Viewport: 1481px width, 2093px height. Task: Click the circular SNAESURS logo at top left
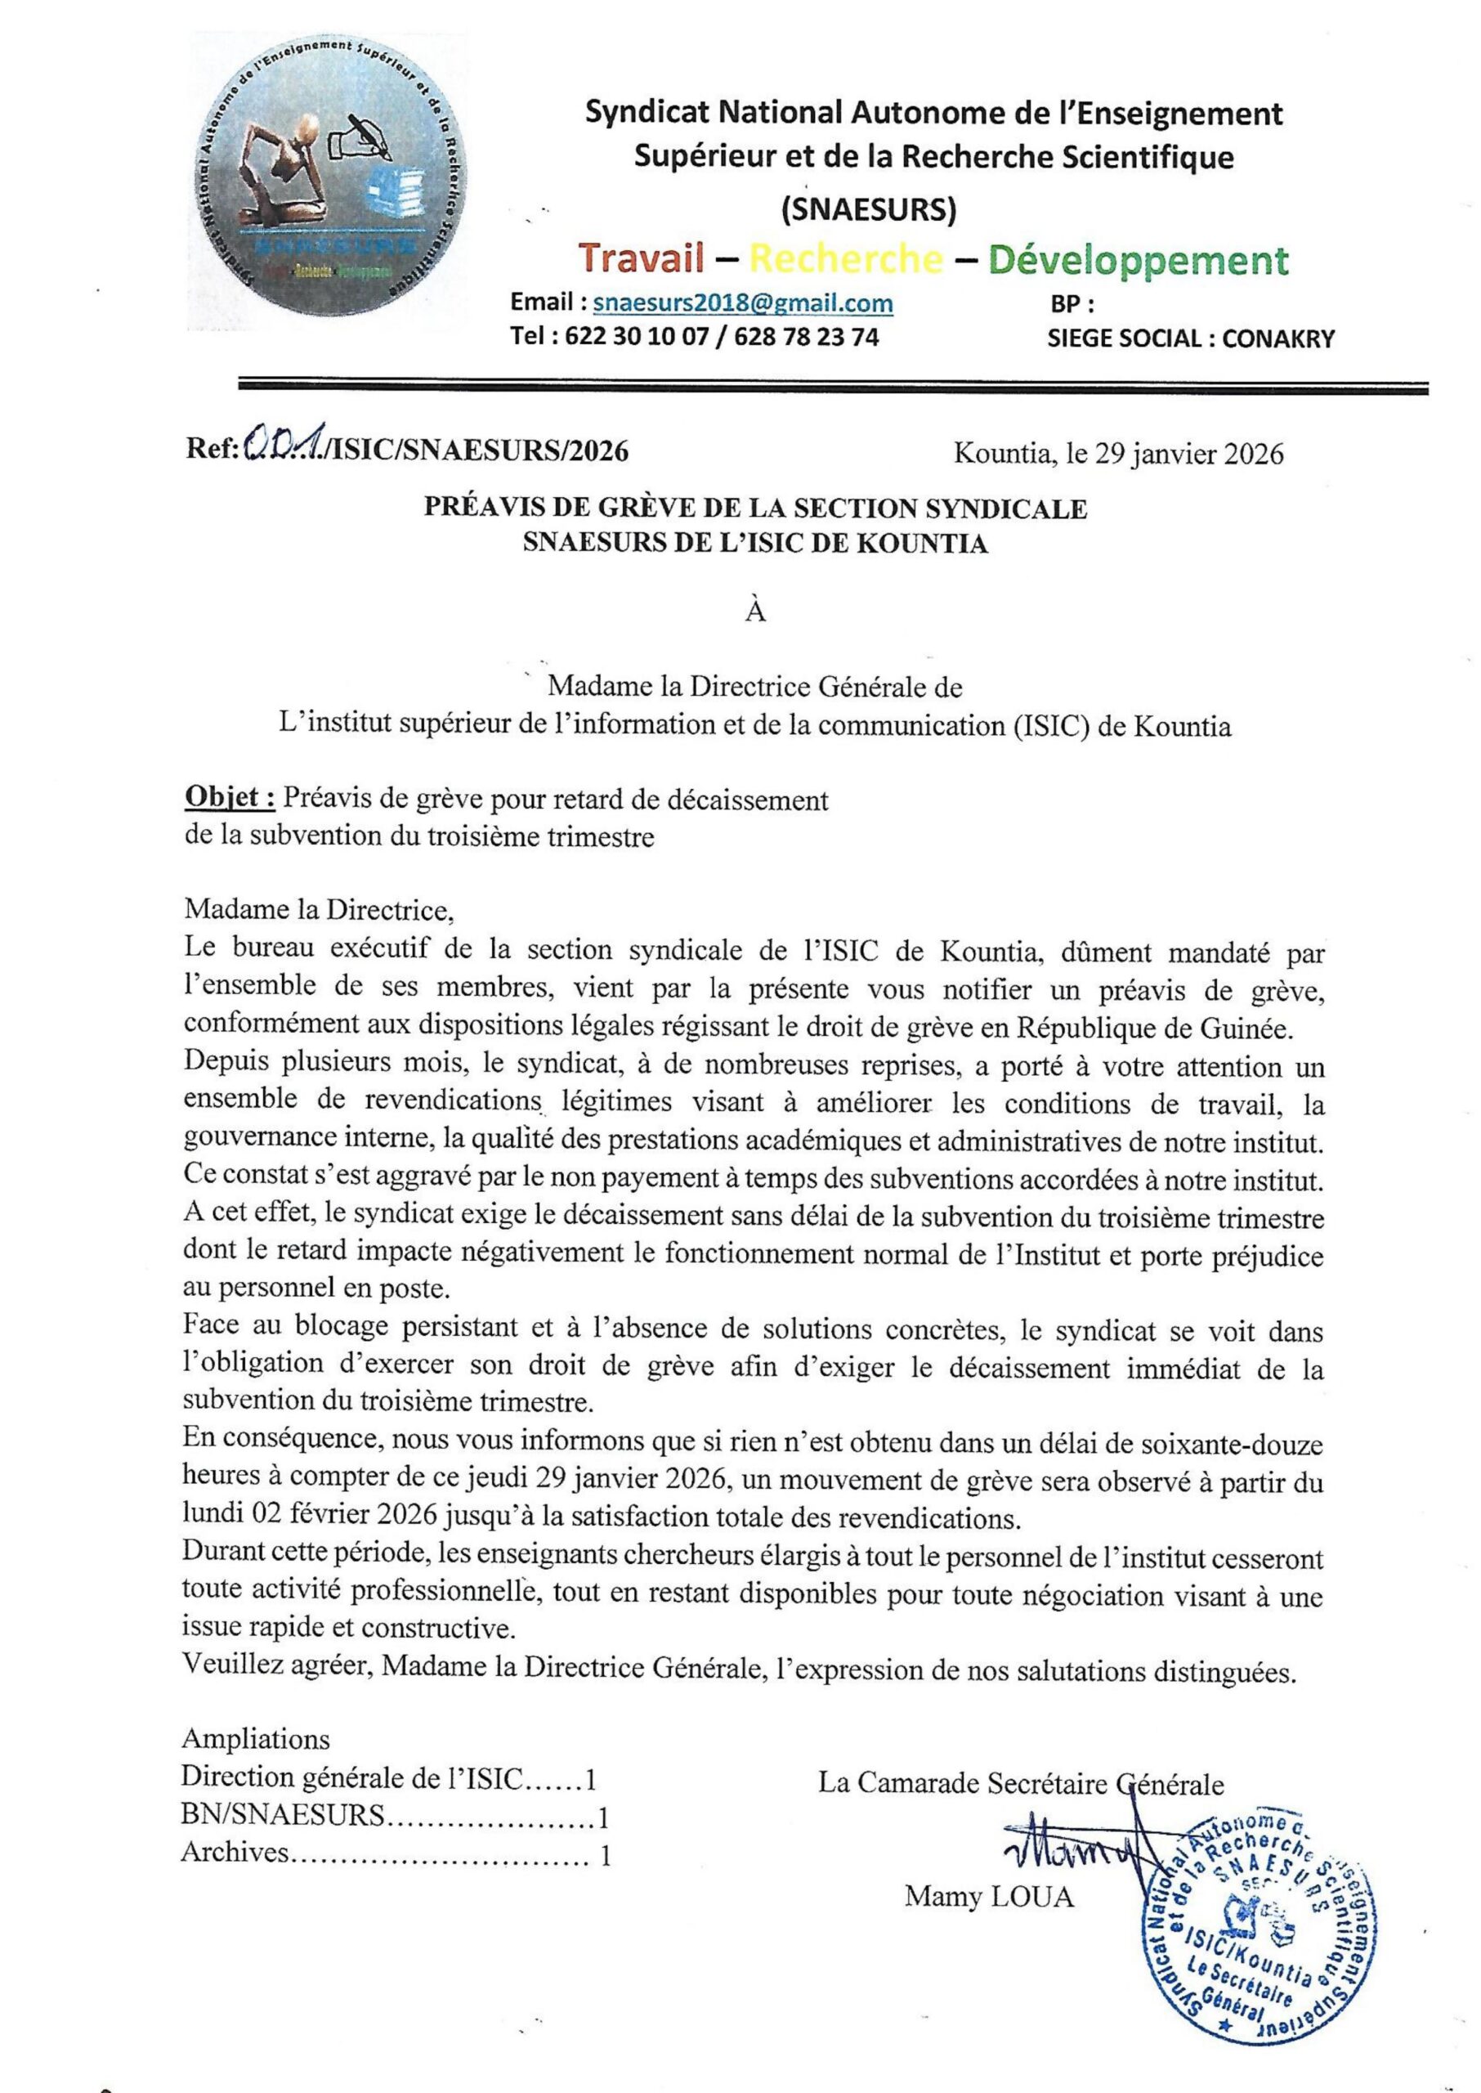333,182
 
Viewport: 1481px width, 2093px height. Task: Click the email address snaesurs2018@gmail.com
742,303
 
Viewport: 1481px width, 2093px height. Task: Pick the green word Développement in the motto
1139,260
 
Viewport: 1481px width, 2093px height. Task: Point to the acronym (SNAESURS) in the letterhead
868,211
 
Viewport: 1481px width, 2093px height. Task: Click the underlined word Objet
229,799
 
